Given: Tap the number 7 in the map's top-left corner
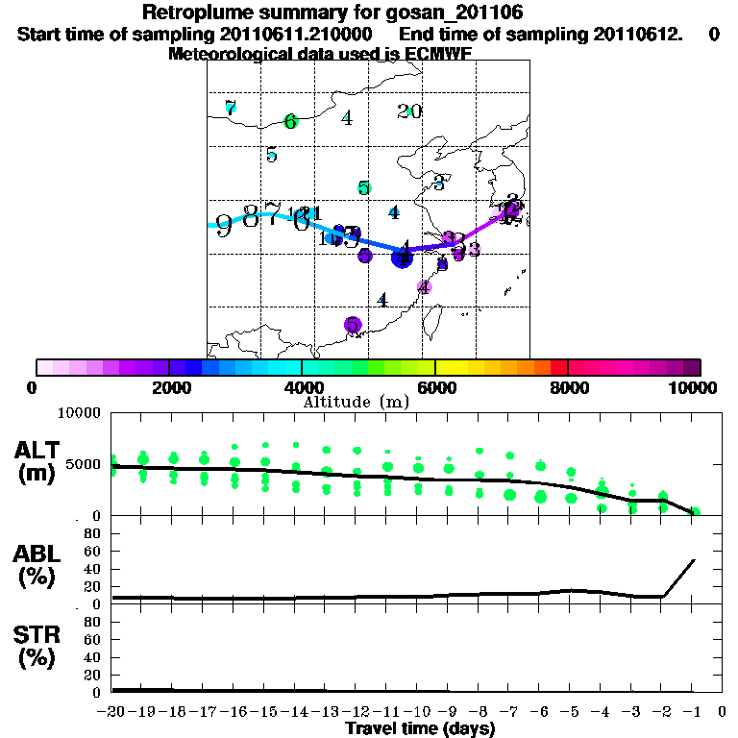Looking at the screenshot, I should tap(230, 107).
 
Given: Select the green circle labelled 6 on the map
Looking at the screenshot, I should tap(290, 121).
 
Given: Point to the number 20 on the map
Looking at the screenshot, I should tap(409, 111).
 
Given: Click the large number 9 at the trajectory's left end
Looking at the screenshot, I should tap(224, 226).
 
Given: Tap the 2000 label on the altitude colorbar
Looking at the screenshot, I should tap(168, 387).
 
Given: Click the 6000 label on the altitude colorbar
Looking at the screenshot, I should tap(435, 387).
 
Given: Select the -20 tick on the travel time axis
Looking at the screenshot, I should tap(112, 712).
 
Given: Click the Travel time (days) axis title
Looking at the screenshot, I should tap(420, 728).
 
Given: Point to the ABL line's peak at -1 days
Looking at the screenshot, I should tap(694, 559).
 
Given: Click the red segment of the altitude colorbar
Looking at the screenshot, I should tap(558, 367).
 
